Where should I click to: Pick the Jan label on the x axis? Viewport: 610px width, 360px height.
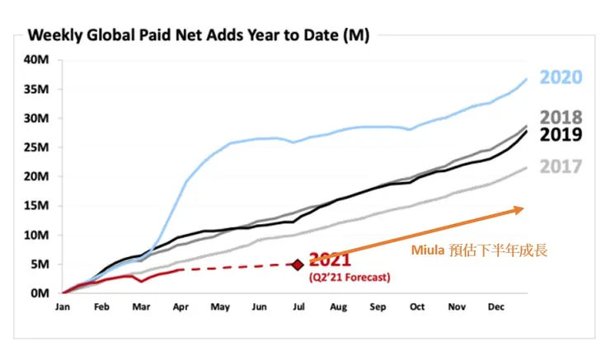click(x=63, y=306)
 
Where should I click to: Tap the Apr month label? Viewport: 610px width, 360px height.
click(x=181, y=306)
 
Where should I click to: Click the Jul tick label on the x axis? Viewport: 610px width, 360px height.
click(x=298, y=306)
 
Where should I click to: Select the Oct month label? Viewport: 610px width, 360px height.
click(x=416, y=306)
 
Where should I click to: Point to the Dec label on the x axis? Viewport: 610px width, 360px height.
click(x=496, y=306)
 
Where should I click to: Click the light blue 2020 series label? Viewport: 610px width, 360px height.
click(x=561, y=77)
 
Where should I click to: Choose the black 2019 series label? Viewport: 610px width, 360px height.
click(x=561, y=135)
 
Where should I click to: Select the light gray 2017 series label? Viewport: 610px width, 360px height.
click(x=561, y=166)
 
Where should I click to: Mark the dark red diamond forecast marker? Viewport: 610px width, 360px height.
click(x=298, y=264)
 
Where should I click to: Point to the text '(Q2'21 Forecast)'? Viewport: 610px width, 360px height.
click(x=350, y=277)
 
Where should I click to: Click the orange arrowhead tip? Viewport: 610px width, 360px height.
click(x=522, y=209)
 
